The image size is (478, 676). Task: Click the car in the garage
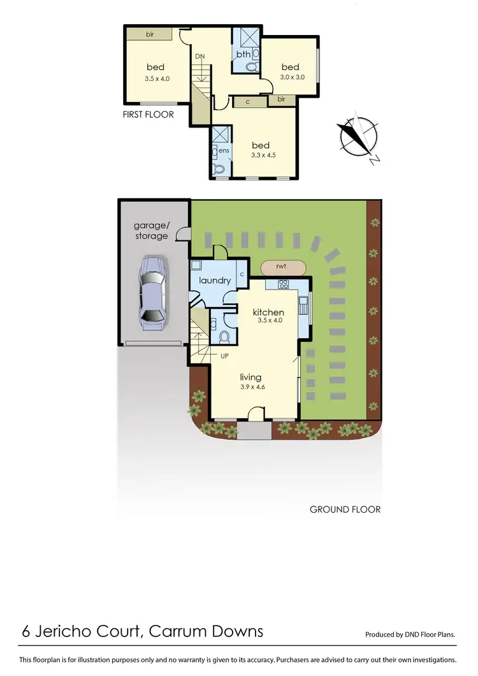[154, 292]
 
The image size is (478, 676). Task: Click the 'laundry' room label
[214, 280]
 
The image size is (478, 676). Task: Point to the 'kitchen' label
[268, 312]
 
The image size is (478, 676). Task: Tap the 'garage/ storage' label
[151, 230]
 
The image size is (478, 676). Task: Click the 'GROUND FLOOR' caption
[345, 510]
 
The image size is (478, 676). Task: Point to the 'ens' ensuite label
[224, 151]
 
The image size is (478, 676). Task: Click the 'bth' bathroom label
[244, 55]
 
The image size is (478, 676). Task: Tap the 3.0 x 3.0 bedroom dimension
[292, 77]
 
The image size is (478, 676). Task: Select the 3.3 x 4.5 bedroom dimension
[263, 154]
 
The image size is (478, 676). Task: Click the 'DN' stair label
[200, 57]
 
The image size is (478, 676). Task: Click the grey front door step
[254, 430]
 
